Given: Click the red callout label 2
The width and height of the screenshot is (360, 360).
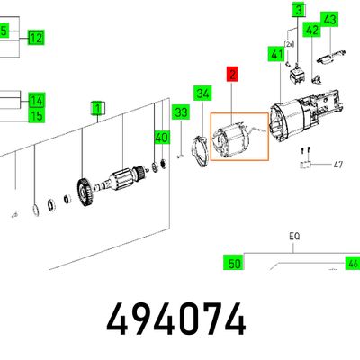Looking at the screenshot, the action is (x=232, y=74).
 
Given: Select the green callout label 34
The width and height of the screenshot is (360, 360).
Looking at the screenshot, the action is (x=202, y=94).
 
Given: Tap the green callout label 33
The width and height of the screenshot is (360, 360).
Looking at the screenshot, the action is (x=181, y=112).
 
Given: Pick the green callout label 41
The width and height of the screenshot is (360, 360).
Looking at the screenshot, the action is (x=276, y=55).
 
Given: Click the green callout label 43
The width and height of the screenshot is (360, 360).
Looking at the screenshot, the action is (x=329, y=20).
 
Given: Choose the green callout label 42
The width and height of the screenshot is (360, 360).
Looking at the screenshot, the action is (x=311, y=30).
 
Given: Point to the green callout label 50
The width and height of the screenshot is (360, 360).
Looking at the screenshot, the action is (x=234, y=263).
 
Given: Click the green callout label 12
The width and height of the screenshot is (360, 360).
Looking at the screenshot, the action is (x=36, y=38).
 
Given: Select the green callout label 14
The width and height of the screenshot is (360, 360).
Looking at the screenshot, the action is (x=37, y=100).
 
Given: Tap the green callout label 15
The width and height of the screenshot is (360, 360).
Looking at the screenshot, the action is (x=37, y=115).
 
